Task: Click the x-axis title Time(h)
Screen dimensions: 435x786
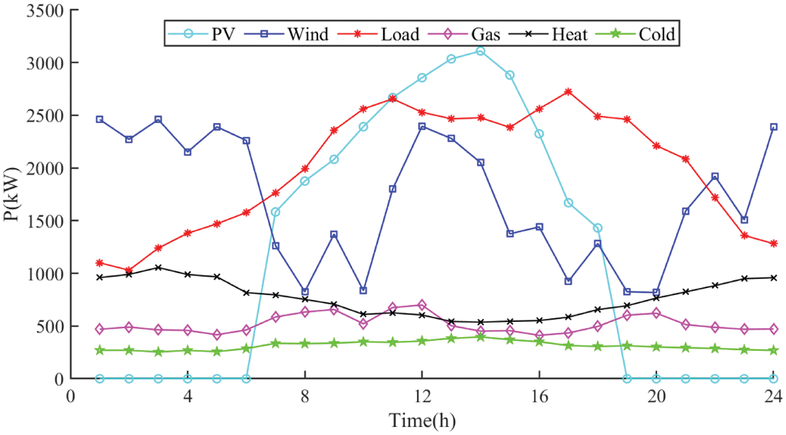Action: pos(422,419)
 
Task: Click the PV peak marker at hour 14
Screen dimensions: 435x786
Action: pos(480,51)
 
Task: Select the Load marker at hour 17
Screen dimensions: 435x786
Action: pos(568,92)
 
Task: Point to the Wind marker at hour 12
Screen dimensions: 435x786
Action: pos(422,126)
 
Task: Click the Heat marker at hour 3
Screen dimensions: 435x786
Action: pos(158,267)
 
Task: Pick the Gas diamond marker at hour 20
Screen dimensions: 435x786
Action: pos(656,313)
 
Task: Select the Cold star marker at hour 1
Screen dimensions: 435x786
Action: pos(99,350)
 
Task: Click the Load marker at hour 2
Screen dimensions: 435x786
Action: pos(129,271)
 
